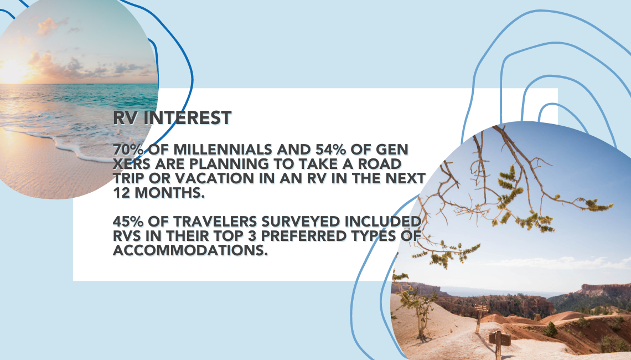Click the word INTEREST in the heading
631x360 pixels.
click(x=188, y=118)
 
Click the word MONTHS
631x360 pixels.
click(x=169, y=193)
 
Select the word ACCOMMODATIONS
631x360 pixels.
click(x=190, y=250)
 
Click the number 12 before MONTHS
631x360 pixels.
click(x=121, y=193)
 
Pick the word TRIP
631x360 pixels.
click(x=128, y=178)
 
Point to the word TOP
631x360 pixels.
click(x=245, y=236)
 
